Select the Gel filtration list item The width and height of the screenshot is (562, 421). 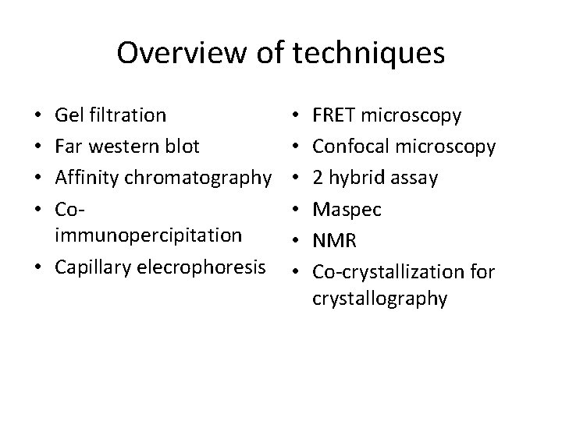(x=110, y=116)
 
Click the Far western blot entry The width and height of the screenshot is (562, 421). (x=127, y=146)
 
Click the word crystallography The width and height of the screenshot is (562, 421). (x=380, y=297)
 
